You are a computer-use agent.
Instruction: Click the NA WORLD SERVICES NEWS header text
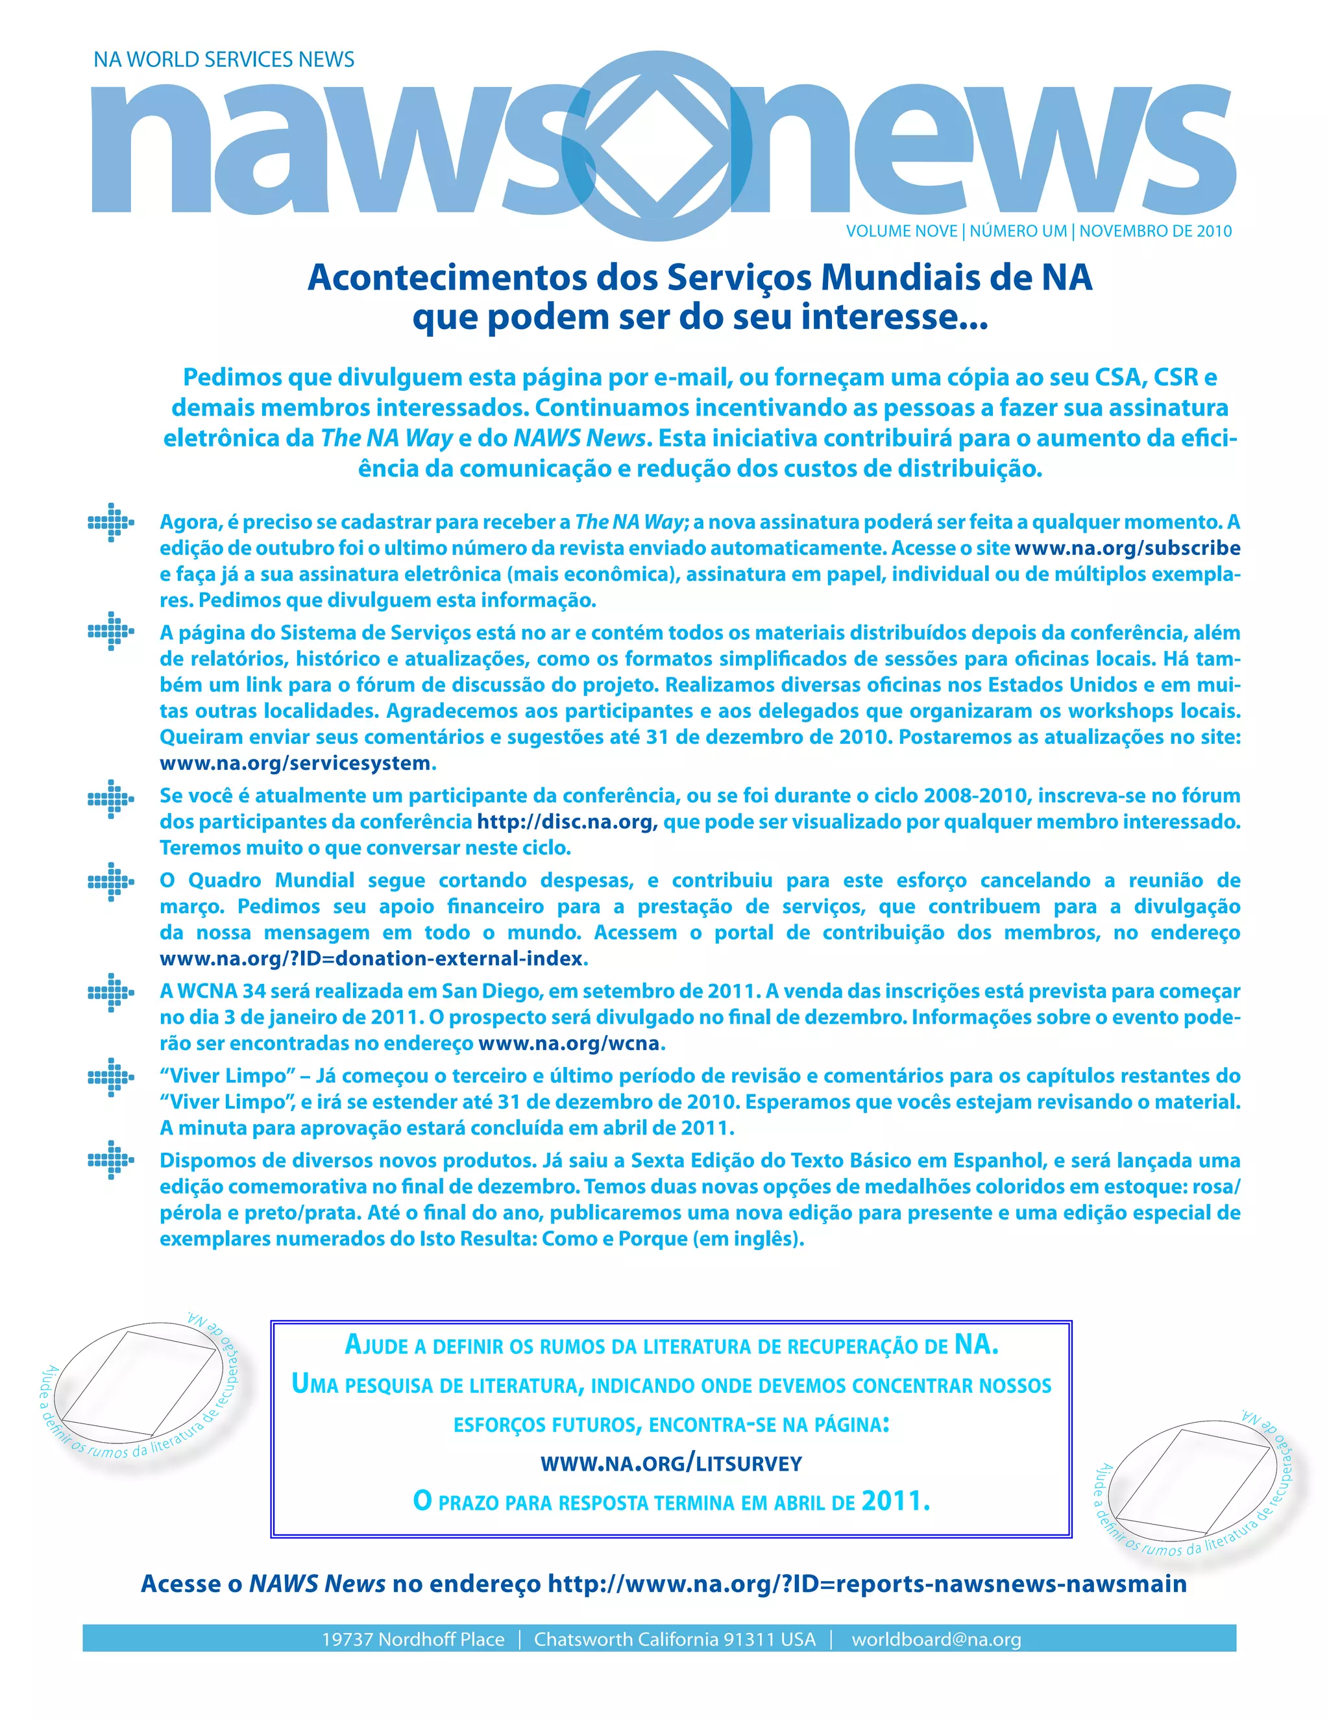(x=224, y=60)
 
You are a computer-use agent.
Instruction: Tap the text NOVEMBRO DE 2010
(x=1155, y=232)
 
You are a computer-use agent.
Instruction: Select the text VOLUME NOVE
(x=901, y=232)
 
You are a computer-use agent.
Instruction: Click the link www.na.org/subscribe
(x=1127, y=548)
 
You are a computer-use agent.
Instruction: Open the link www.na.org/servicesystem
(x=295, y=763)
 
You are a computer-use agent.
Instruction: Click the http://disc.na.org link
(x=565, y=822)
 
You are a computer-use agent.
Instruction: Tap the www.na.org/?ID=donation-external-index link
(x=372, y=959)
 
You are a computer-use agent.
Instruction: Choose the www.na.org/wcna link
(x=568, y=1044)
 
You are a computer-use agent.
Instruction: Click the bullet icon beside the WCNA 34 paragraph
(x=110, y=992)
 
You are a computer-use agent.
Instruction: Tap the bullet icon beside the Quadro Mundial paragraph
(x=110, y=881)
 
